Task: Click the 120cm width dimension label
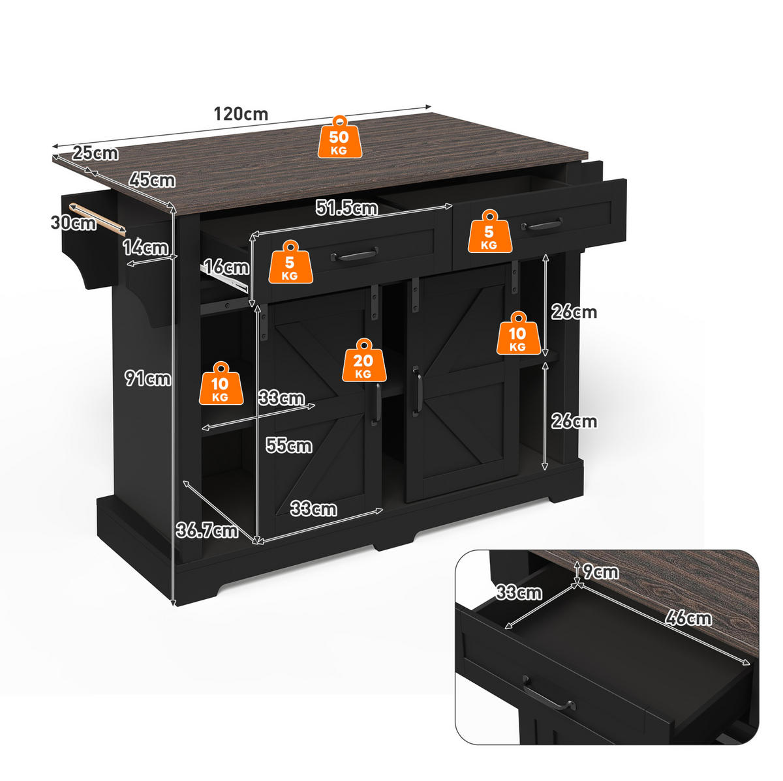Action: click(241, 114)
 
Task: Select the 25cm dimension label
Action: click(95, 153)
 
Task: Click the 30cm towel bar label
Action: click(74, 222)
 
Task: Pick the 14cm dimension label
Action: click(146, 247)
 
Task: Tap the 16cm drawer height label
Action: click(226, 267)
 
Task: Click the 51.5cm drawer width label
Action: click(347, 208)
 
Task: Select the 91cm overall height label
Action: click(148, 379)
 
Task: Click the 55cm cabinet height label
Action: click(289, 445)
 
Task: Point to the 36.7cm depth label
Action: click(207, 530)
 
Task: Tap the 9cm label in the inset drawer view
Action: click(600, 572)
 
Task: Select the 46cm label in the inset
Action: click(688, 618)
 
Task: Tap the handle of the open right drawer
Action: click(542, 224)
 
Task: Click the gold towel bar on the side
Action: click(97, 218)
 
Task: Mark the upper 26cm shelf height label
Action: click(574, 312)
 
